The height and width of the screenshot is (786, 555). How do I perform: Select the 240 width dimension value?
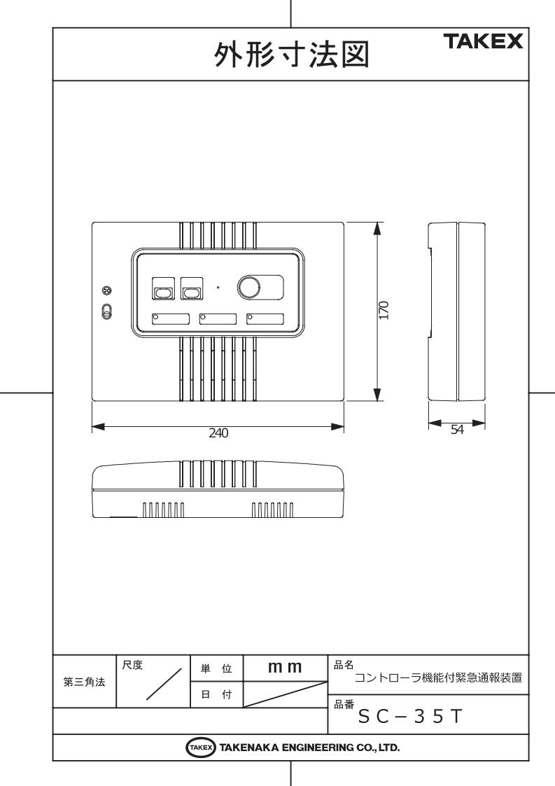(219, 432)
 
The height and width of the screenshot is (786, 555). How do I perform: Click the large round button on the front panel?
(248, 287)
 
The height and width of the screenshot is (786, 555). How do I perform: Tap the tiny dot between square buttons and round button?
(218, 287)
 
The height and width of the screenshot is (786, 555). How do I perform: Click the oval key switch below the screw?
(106, 311)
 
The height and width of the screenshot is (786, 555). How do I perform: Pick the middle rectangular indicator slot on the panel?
(218, 319)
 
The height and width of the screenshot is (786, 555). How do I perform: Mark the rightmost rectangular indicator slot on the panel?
(265, 319)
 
